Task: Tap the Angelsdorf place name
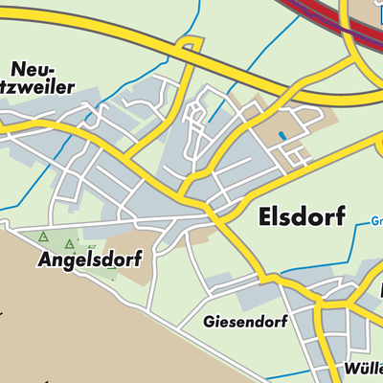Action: click(x=89, y=259)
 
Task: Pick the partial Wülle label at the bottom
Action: click(x=363, y=369)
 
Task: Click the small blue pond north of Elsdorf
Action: click(x=281, y=137)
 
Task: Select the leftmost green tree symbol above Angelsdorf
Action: click(x=42, y=237)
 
